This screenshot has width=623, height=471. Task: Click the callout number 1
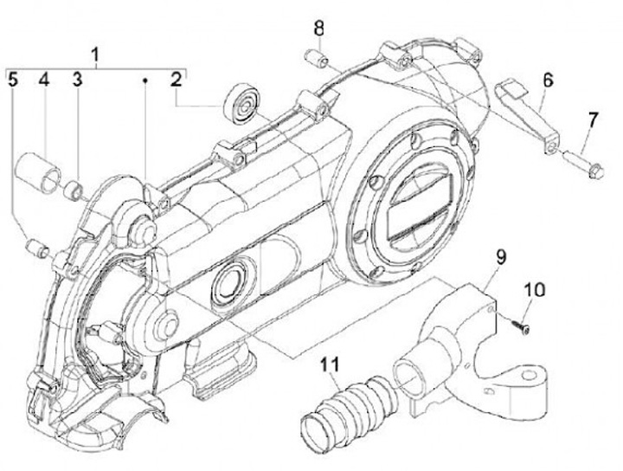tap(96, 55)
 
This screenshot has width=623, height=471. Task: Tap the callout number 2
tap(177, 81)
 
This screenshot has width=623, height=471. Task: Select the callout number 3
tap(77, 81)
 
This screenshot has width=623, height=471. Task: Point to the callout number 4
tap(43, 81)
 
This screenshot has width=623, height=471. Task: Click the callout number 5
tap(13, 81)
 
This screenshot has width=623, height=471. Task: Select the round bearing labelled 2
tap(240, 103)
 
